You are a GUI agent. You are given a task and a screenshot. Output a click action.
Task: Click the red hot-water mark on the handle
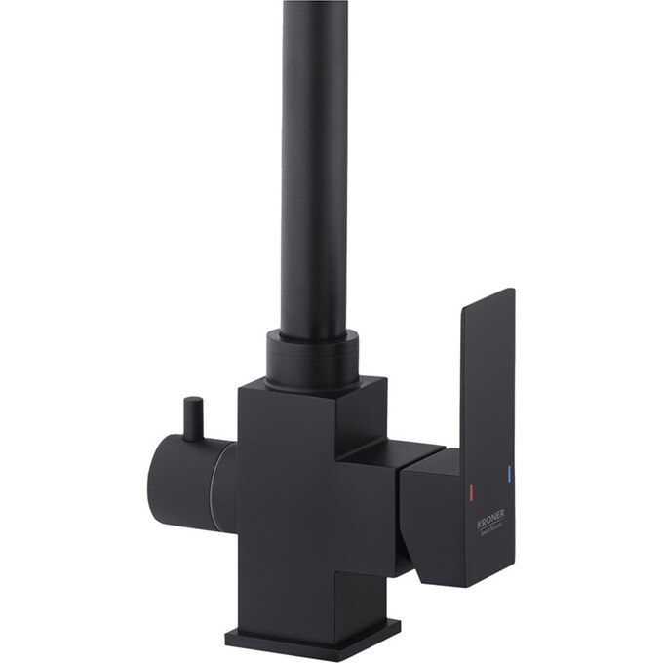point(471,487)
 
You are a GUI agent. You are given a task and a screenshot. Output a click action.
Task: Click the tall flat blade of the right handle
point(487,390)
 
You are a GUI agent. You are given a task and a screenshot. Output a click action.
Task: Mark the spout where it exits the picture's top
point(314,5)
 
